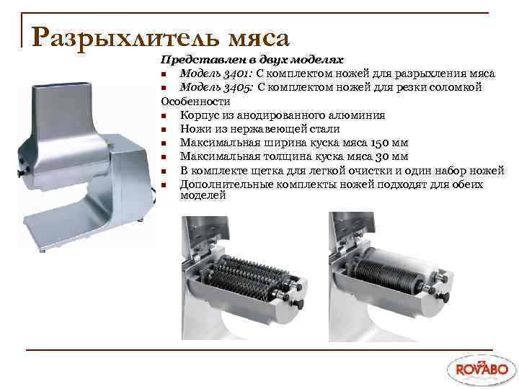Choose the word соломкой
(x=457, y=87)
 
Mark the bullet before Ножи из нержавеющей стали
(x=165, y=130)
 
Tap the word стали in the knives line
(x=324, y=129)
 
